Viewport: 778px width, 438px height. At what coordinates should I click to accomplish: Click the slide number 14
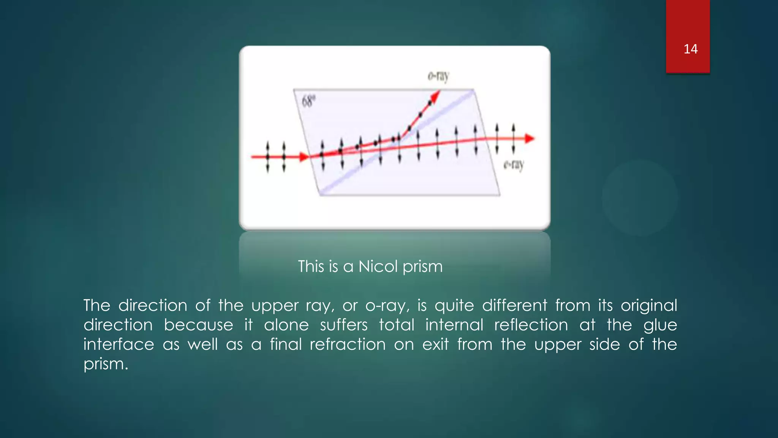click(690, 49)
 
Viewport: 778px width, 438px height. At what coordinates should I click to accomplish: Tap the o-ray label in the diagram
click(438, 76)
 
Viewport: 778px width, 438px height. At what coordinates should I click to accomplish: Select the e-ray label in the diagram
click(514, 165)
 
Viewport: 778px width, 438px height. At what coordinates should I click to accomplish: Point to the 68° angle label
click(308, 102)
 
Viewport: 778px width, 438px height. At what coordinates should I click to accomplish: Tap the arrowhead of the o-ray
click(435, 95)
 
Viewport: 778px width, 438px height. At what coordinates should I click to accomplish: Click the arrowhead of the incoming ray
click(304, 157)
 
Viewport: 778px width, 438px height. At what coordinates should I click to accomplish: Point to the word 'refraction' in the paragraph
click(348, 344)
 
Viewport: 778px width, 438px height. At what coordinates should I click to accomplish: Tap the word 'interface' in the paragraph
click(119, 344)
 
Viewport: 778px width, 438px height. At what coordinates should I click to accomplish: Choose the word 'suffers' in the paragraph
click(343, 325)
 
